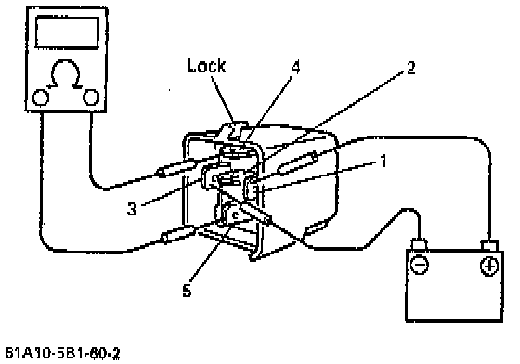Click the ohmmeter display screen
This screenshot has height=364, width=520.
67,32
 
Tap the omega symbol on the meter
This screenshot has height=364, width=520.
65,74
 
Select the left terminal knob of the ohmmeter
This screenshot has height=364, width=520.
41,97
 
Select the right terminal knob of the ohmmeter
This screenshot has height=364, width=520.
91,97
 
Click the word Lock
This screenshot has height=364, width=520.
206,65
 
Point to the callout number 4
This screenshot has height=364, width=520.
295,67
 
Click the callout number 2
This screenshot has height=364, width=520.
410,68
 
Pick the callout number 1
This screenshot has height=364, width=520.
383,162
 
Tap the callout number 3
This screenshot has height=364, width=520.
132,209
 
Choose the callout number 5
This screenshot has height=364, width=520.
187,290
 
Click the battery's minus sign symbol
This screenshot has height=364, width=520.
419,265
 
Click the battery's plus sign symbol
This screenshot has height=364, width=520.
489,266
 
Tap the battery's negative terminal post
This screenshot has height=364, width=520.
419,243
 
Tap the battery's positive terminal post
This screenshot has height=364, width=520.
489,245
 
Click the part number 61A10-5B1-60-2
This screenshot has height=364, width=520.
63,354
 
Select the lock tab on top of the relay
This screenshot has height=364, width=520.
236,129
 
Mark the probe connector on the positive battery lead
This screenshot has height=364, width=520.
298,162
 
